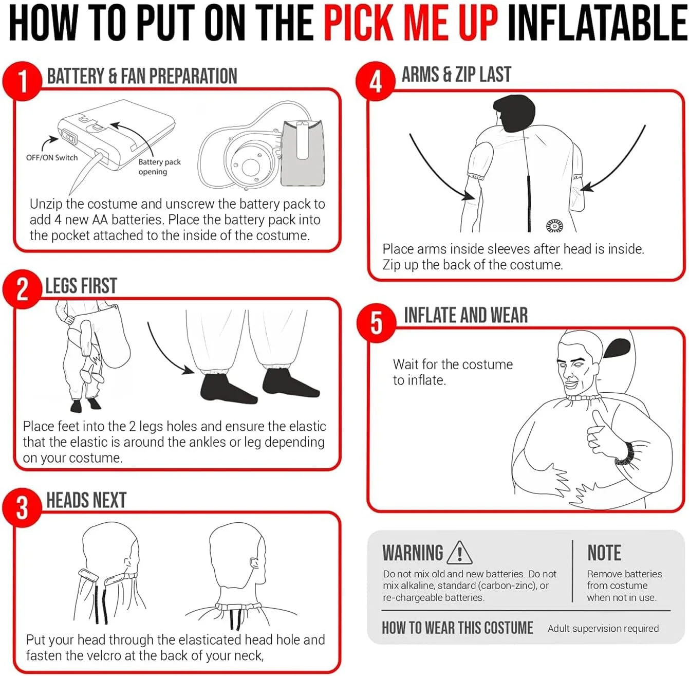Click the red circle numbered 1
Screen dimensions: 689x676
point(22,81)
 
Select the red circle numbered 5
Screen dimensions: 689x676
point(376,323)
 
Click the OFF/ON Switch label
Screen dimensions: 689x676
point(52,158)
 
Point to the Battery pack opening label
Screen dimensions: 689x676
point(159,167)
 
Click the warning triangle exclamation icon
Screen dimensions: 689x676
point(459,552)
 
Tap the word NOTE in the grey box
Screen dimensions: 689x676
point(604,553)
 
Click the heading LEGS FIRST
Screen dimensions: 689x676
point(81,286)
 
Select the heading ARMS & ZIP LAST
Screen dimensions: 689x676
point(456,75)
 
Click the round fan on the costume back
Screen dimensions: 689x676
point(554,226)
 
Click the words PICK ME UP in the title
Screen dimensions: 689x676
point(411,23)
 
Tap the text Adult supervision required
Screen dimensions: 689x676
point(603,628)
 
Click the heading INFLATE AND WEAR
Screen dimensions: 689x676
point(465,315)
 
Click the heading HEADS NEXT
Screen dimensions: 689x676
point(86,500)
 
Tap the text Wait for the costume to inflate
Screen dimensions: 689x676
point(453,372)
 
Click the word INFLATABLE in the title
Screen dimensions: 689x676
point(597,23)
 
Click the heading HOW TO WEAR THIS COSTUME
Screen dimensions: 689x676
point(457,628)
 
